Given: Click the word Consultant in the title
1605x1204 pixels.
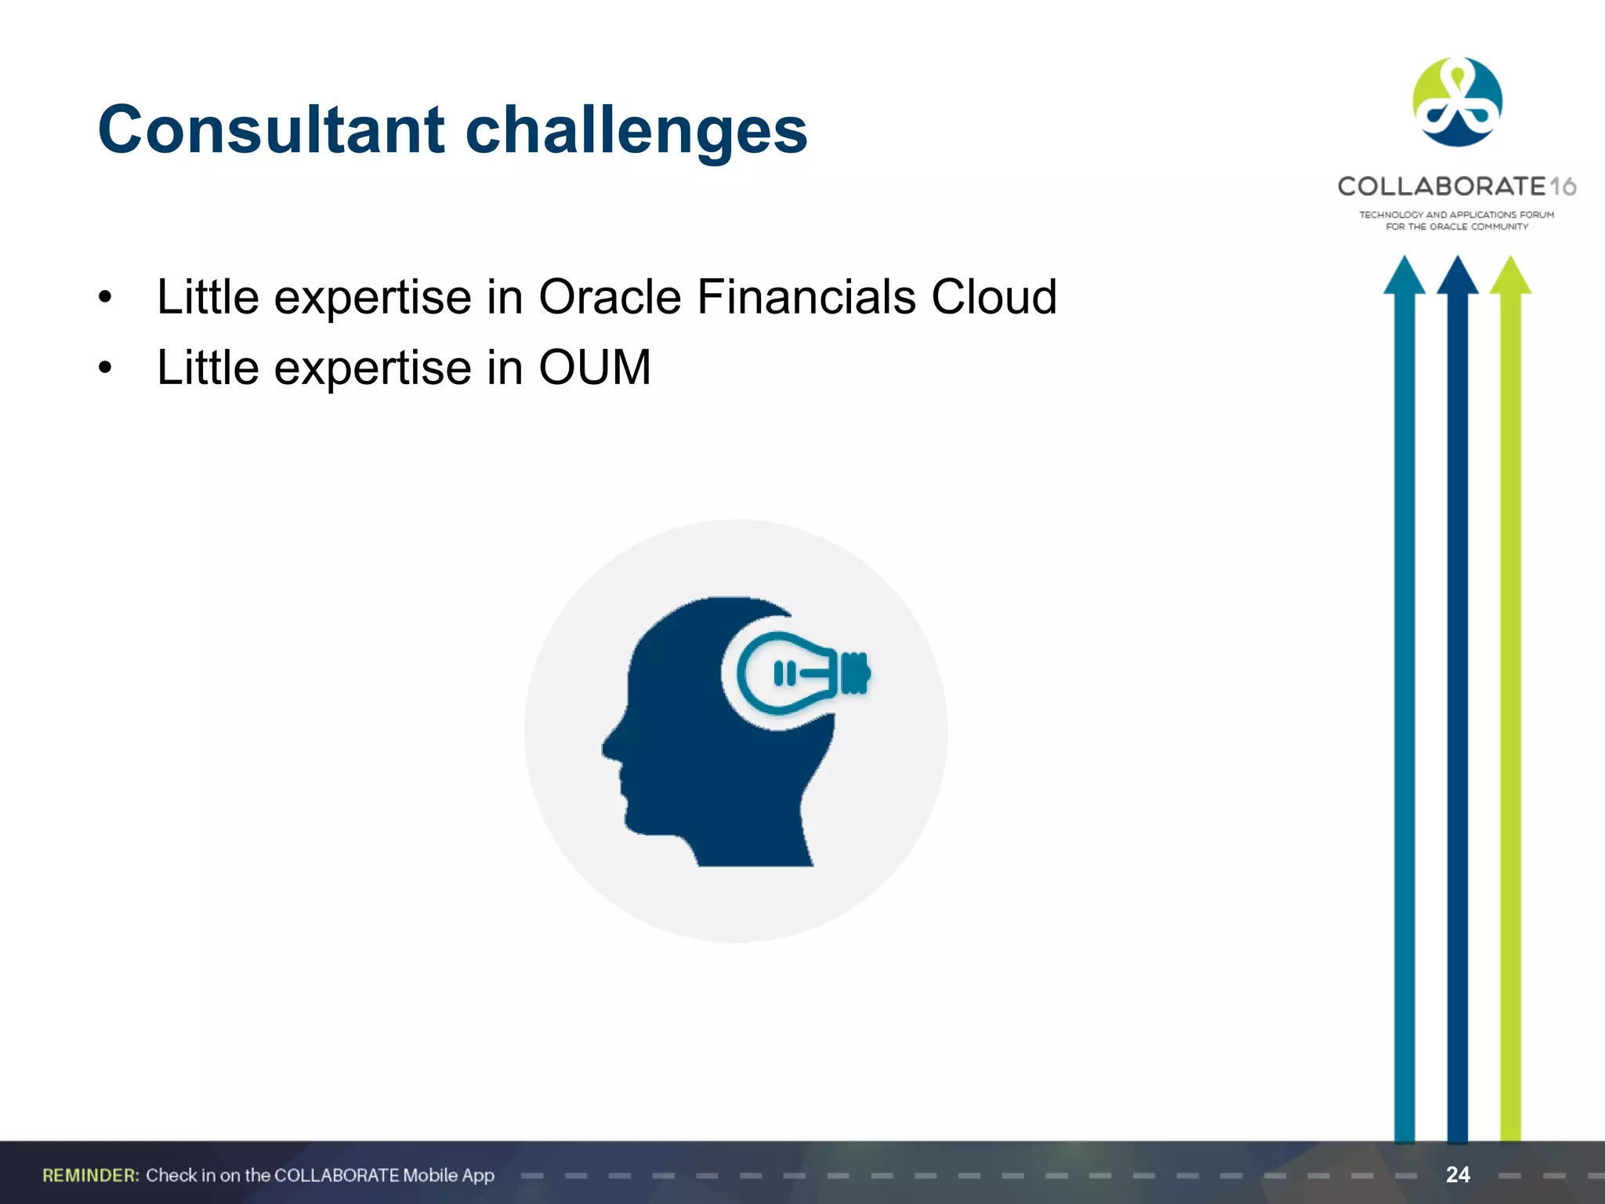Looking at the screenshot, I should point(271,130).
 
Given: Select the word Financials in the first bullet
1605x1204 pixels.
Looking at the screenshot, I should point(806,297).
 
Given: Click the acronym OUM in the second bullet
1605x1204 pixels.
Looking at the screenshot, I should point(594,368).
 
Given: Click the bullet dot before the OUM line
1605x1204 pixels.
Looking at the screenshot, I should point(106,368).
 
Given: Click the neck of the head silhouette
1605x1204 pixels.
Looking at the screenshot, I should point(752,839).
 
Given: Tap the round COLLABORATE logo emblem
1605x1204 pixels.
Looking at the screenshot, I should point(1457,102).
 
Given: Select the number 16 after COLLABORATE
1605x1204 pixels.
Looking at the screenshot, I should point(1563,187).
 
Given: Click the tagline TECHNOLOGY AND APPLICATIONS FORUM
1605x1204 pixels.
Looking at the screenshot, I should point(1456,214).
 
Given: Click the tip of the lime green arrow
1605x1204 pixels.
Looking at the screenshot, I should point(1510,263).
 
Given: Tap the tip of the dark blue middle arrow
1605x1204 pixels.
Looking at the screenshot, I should point(1457,263).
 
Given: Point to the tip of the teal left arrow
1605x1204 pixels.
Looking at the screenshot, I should point(1404,263).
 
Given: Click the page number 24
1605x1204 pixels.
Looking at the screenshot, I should point(1458,1174).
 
